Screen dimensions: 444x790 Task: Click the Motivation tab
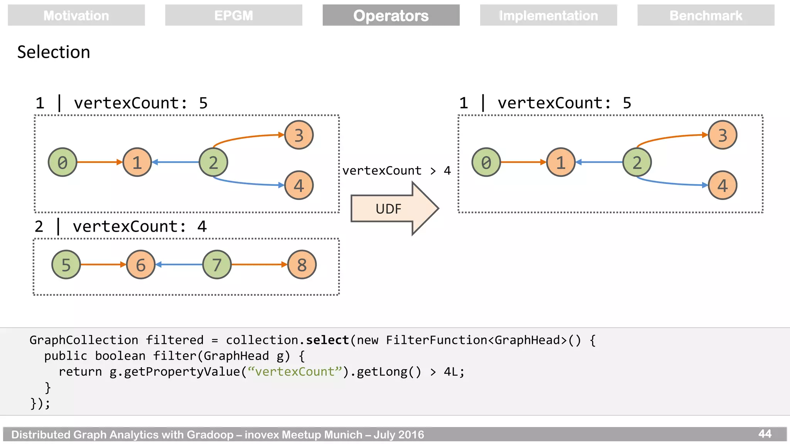click(76, 15)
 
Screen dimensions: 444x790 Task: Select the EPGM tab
click(233, 15)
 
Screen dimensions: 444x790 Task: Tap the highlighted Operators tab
click(391, 15)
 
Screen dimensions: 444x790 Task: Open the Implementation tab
click(548, 15)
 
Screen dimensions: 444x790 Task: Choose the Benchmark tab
click(706, 15)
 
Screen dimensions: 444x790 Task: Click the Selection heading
click(54, 52)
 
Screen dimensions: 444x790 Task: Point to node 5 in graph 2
click(66, 265)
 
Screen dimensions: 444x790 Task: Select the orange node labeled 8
click(302, 265)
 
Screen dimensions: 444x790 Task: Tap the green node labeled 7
click(217, 265)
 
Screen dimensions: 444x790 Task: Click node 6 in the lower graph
click(141, 265)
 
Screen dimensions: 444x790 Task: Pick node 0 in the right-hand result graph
click(486, 162)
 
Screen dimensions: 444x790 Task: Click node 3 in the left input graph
click(299, 135)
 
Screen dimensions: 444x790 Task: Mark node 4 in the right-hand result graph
click(722, 185)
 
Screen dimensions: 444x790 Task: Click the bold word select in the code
click(327, 340)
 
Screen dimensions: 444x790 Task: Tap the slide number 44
click(765, 434)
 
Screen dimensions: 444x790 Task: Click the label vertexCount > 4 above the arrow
click(396, 170)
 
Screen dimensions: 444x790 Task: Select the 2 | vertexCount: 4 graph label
click(121, 226)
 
